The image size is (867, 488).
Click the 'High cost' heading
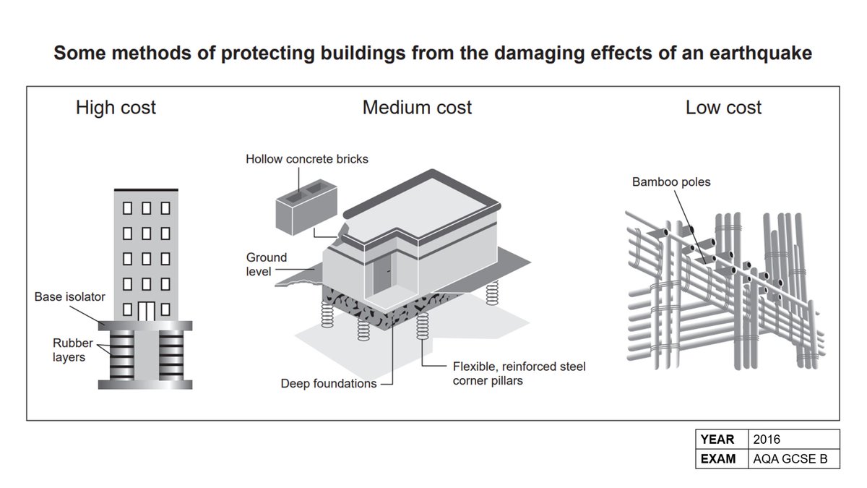(116, 108)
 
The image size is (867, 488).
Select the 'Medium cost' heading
(417, 108)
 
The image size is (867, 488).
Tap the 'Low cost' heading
(723, 108)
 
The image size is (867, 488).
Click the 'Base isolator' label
(70, 296)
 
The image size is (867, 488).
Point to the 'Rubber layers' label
(73, 350)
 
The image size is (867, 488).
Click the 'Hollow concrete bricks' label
(306, 158)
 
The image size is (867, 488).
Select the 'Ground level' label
(267, 264)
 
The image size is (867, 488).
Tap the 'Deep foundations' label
(329, 384)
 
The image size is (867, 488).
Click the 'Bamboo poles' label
(671, 182)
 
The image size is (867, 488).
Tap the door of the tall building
(147, 310)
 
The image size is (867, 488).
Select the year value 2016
(767, 440)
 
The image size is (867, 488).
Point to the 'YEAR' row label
(717, 440)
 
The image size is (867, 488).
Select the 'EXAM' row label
(718, 458)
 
